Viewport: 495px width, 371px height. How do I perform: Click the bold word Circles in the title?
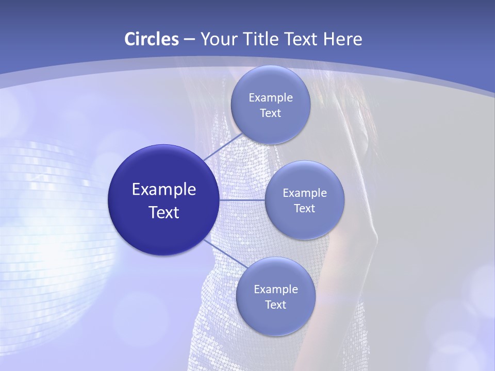151,39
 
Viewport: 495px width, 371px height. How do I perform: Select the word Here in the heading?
342,39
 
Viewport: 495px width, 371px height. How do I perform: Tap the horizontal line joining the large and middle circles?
242,199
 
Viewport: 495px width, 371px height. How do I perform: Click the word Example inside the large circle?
164,190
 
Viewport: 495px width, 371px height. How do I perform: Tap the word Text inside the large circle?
164,212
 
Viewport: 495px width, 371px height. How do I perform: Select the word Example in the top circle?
271,98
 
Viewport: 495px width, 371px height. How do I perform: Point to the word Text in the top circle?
270,113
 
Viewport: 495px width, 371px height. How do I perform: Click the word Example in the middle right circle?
305,193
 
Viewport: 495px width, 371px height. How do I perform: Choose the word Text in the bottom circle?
275,305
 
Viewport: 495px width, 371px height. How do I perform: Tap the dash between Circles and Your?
189,40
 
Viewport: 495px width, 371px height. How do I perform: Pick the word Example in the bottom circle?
276,290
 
